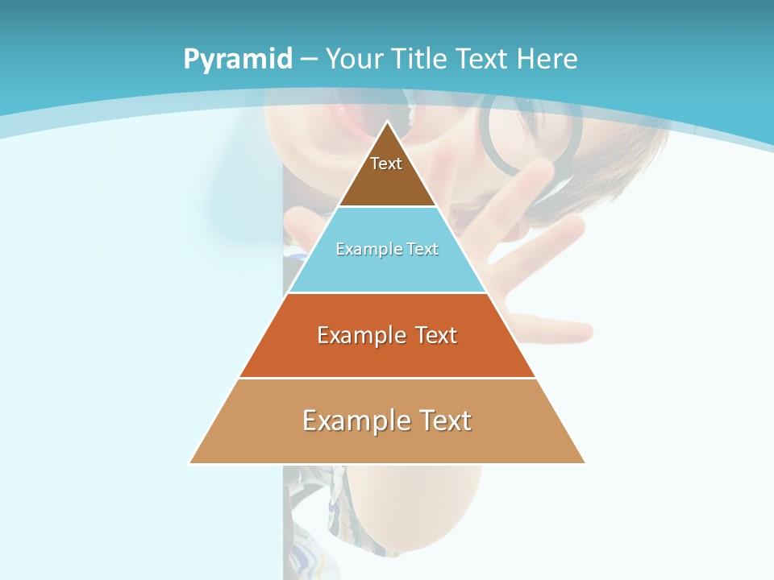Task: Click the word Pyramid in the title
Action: tap(238, 60)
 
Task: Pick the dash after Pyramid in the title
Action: tap(309, 60)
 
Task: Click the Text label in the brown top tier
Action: tap(386, 164)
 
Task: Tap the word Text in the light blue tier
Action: tap(422, 250)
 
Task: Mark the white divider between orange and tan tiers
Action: tap(387, 378)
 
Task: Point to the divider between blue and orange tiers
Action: tap(387, 292)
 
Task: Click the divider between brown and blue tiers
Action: tap(387, 207)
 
